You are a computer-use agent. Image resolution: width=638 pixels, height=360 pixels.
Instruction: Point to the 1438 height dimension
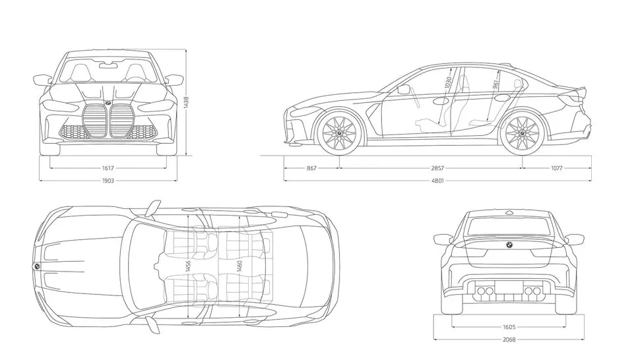186,103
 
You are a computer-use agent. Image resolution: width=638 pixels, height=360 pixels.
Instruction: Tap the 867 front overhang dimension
311,168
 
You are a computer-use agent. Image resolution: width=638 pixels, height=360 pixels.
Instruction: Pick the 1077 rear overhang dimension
556,168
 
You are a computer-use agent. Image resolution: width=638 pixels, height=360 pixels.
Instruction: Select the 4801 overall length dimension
437,180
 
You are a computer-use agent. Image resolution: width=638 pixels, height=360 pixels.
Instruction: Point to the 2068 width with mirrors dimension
509,340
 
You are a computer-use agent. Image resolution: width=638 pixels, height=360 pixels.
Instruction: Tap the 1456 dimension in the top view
188,266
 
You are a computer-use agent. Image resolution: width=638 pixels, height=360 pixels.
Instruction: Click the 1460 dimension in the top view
239,266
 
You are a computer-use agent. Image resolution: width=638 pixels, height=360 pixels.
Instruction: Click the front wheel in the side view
340,132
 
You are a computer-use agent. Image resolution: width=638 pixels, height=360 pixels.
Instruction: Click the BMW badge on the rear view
509,245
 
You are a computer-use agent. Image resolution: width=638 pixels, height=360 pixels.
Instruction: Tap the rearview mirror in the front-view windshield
108,66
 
